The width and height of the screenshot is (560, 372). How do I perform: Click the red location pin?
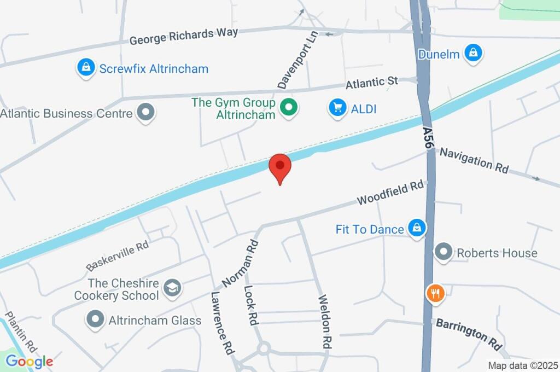tap(280, 166)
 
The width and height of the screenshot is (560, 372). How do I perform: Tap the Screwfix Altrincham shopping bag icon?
tap(85, 68)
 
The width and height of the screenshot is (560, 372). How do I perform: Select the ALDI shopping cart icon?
tap(337, 108)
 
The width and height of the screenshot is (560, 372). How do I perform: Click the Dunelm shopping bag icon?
tap(472, 53)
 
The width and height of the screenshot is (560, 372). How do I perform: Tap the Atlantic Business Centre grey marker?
tap(145, 113)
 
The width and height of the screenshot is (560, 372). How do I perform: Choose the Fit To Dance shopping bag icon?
tap(417, 229)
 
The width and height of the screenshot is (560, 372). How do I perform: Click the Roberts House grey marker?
tap(443, 253)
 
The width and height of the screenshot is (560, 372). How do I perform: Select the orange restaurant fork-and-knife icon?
tap(435, 293)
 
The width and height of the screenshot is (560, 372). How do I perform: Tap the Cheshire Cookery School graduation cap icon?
tap(173, 288)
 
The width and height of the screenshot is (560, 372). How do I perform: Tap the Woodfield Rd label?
tap(390, 193)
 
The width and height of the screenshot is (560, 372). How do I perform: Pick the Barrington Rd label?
tap(469, 334)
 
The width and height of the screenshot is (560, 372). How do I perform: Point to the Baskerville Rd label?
tap(118, 255)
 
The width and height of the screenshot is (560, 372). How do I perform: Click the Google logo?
tap(29, 361)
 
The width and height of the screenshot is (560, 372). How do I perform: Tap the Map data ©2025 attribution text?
tap(522, 365)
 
